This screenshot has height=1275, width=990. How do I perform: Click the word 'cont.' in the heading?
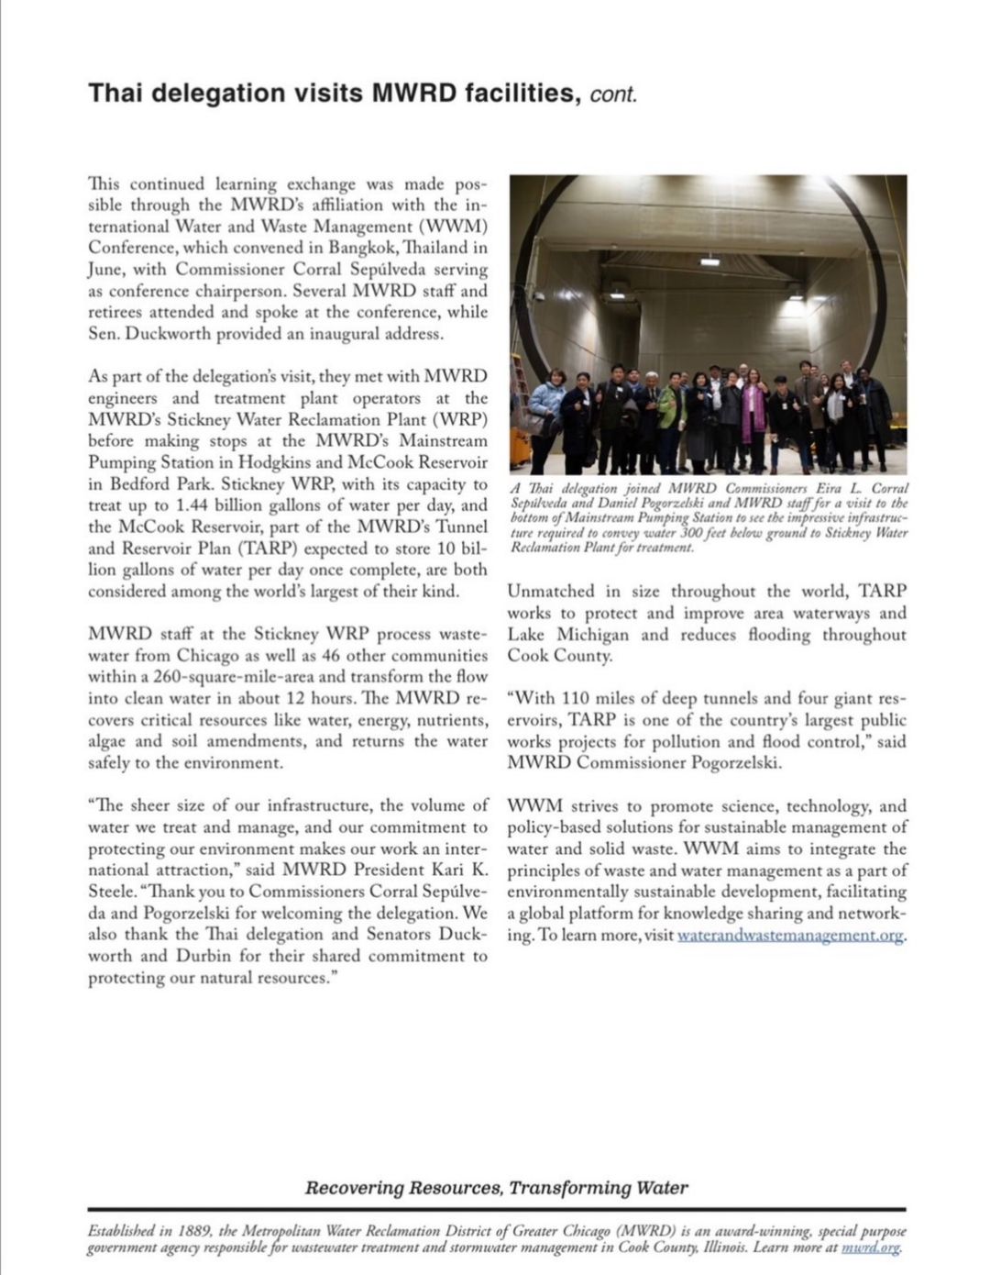613,94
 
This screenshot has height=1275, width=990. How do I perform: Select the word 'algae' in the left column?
108,741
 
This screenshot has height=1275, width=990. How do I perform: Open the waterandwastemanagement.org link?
790,936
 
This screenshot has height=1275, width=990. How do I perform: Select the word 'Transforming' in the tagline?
568,1188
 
